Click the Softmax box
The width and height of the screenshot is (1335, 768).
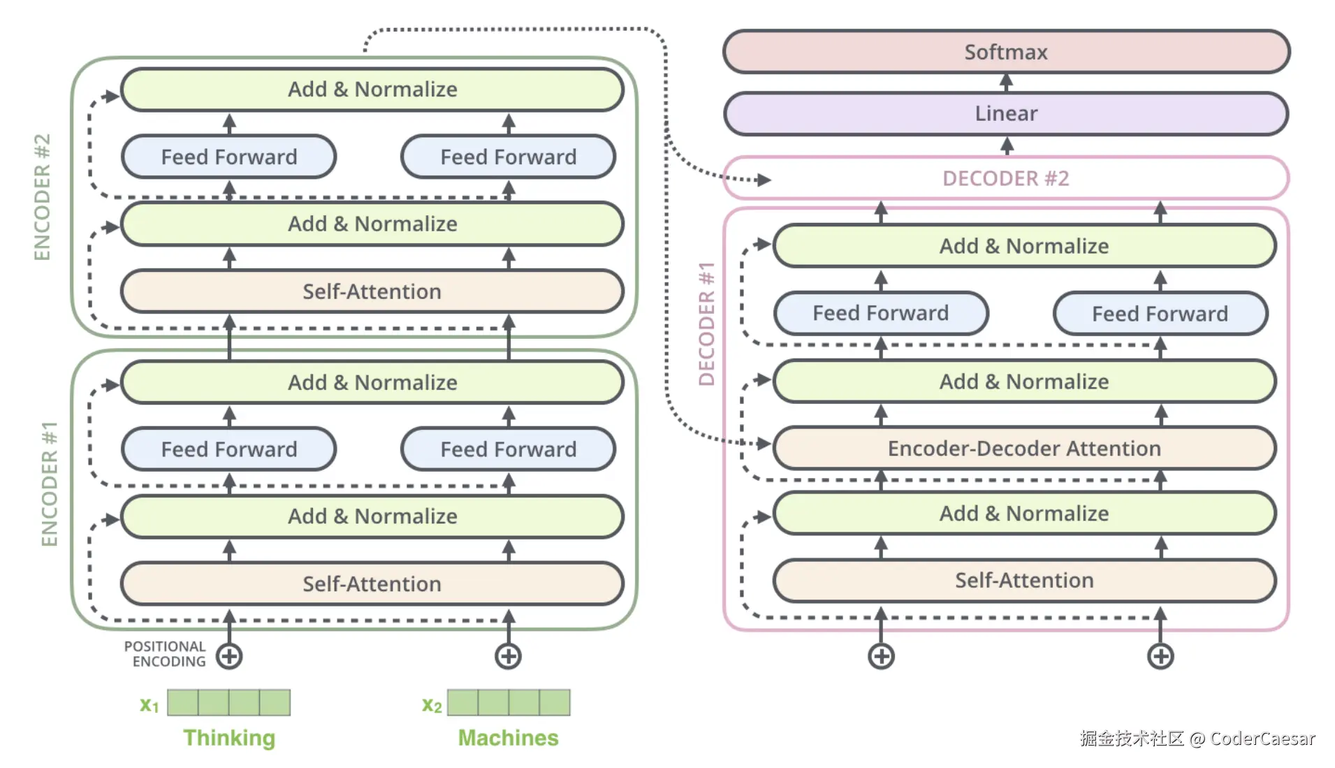tap(1006, 52)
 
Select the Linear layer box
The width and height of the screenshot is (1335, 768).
tap(1006, 113)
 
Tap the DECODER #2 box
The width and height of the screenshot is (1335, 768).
tap(1006, 178)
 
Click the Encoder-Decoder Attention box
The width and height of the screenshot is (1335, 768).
tap(1024, 448)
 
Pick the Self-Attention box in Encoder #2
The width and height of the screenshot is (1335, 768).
tap(372, 291)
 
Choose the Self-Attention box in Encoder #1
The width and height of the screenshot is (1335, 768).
tap(372, 584)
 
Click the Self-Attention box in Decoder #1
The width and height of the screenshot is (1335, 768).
tap(1024, 580)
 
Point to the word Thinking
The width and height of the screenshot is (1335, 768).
tap(229, 738)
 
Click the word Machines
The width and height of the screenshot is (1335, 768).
tap(508, 738)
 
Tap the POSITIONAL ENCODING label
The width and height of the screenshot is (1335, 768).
tap(166, 654)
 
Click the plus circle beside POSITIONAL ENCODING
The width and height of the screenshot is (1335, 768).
tap(229, 656)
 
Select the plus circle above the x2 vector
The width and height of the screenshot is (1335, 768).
tap(508, 656)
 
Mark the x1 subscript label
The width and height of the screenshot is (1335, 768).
tap(149, 704)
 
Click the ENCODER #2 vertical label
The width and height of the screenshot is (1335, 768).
tap(43, 197)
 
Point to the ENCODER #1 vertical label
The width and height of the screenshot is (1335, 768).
tap(49, 484)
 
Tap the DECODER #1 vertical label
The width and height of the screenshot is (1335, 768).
tap(707, 324)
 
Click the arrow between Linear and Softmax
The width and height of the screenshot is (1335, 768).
tap(1006, 82)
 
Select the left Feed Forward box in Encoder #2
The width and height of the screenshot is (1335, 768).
tap(229, 157)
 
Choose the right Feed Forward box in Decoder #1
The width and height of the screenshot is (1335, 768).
tap(1160, 314)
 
